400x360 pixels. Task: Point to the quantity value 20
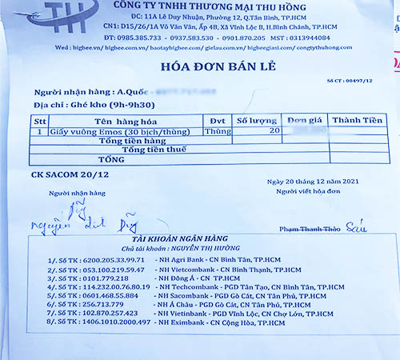(x=274, y=129)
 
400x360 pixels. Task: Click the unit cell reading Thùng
(x=217, y=130)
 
